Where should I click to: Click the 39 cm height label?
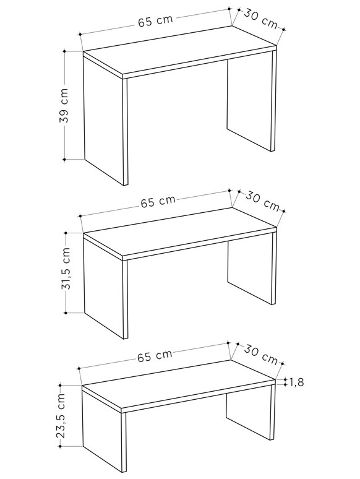(64, 106)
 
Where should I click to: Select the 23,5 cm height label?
(61, 415)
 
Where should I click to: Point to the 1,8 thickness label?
(296, 382)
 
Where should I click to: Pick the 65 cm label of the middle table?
(158, 202)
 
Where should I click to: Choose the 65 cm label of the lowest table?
(155, 356)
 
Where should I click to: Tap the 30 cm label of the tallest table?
(260, 20)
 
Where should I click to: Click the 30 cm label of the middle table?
(263, 202)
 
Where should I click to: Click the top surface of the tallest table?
(180, 50)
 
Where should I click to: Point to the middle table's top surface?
(180, 231)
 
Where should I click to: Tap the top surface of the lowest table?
(179, 384)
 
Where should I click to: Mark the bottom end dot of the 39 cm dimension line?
(64, 160)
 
